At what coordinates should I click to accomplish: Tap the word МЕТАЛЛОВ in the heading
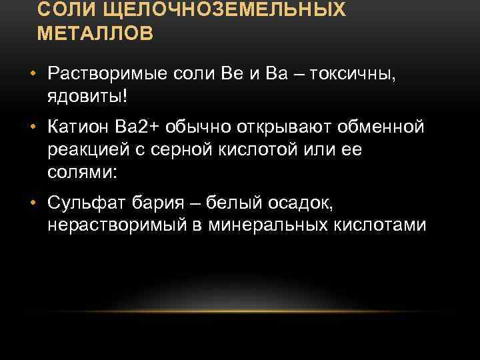pos(95,33)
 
